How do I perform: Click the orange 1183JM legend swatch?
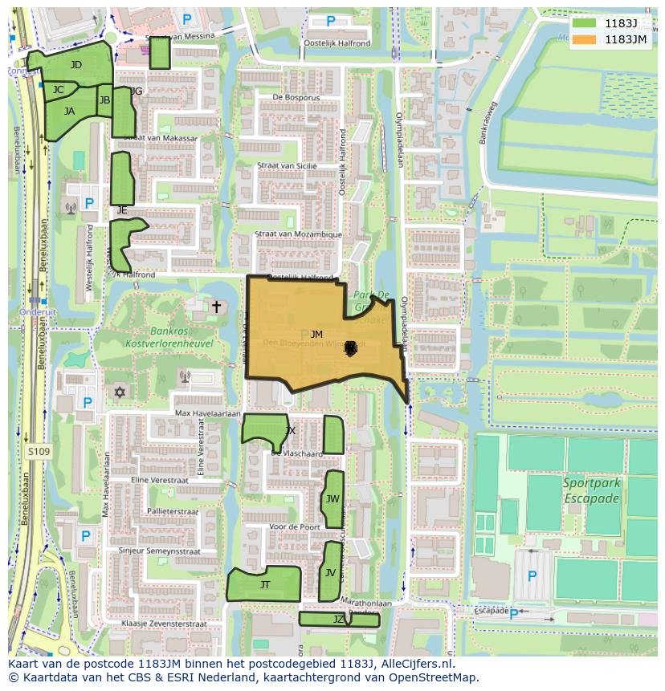585,39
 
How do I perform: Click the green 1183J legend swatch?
585,23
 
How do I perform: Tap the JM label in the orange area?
316,335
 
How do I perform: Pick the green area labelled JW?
332,499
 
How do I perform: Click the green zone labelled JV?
330,572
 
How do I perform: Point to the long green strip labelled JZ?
338,619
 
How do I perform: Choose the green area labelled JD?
75,64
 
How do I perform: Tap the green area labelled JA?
69,112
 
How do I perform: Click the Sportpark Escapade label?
590,491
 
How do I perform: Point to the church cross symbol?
215,307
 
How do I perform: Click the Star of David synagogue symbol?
120,392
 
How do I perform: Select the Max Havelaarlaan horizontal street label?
208,413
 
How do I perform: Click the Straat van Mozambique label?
298,234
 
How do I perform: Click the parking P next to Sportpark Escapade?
531,575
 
